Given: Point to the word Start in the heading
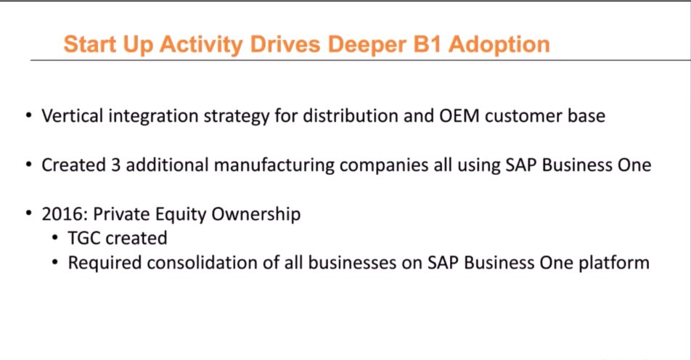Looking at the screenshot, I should [89, 44].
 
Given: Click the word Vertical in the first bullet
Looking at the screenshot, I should [70, 115].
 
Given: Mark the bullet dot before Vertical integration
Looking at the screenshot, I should [28, 116].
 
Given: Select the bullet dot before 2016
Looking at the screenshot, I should [28, 216].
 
